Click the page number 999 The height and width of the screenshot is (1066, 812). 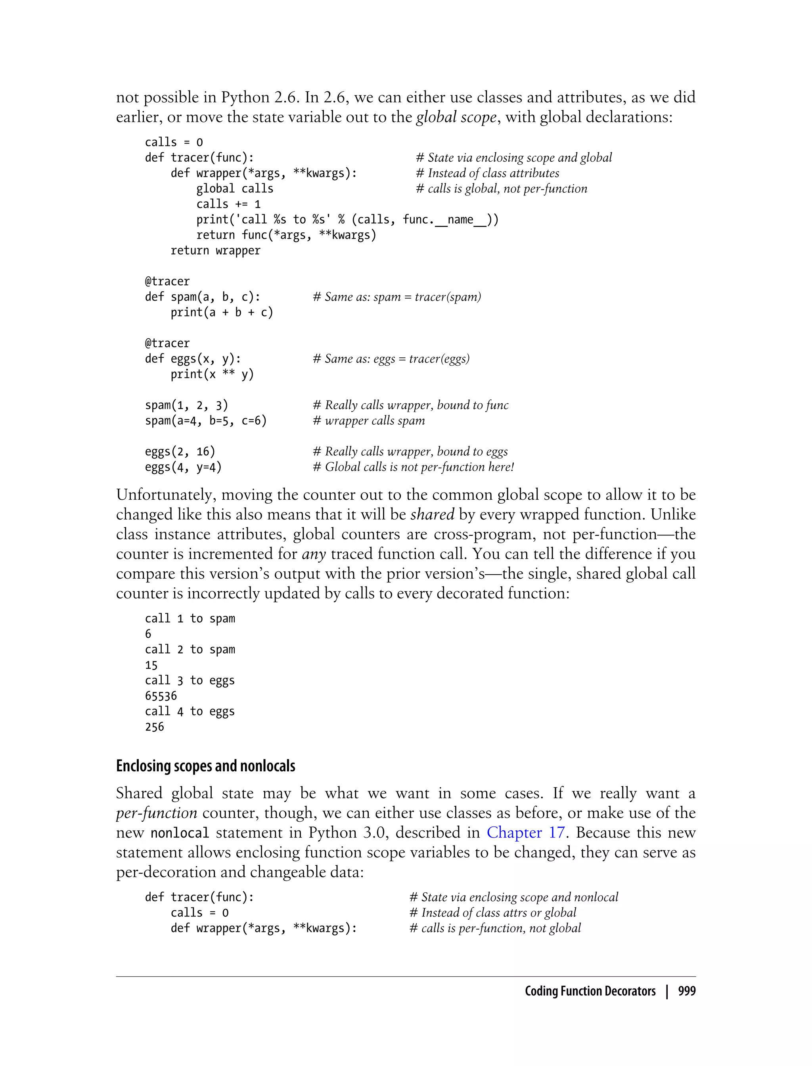(x=686, y=991)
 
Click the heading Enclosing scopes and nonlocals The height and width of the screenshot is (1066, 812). (x=205, y=766)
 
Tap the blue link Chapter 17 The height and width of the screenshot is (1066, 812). (x=525, y=832)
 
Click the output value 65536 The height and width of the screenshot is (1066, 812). (x=161, y=696)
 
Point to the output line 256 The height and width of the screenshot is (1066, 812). (x=155, y=727)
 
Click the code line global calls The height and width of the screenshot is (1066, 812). (x=234, y=188)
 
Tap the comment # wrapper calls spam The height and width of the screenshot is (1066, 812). (x=369, y=421)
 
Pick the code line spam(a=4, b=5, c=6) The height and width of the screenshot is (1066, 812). (x=206, y=421)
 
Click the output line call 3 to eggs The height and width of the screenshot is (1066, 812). (x=190, y=681)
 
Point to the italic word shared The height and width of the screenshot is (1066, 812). (x=432, y=514)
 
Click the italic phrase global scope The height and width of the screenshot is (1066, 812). (x=456, y=117)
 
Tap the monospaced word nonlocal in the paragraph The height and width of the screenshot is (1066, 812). (x=180, y=833)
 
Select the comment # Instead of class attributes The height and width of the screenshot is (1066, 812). (x=487, y=173)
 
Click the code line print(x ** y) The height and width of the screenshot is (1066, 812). (x=212, y=374)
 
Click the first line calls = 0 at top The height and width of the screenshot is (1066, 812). (x=174, y=142)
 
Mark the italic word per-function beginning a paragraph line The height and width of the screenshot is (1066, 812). (x=157, y=813)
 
